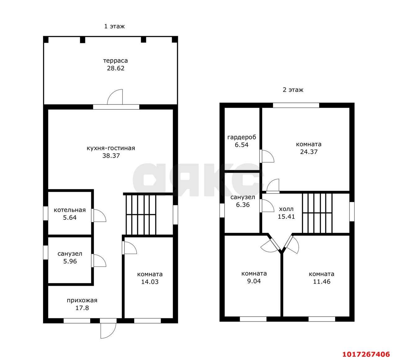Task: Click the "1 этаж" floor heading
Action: point(114,26)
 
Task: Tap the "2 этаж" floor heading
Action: point(293,90)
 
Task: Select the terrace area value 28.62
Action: point(116,68)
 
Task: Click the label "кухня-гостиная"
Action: point(111,148)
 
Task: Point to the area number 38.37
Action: point(111,156)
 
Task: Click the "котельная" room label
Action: point(70,210)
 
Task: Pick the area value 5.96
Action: point(70,261)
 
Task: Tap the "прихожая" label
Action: point(82,301)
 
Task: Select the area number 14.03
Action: point(150,282)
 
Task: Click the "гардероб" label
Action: point(242,137)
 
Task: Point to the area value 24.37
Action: point(309,152)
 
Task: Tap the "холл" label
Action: point(286,209)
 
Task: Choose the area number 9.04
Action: point(254,281)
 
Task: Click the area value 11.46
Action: point(322,282)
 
